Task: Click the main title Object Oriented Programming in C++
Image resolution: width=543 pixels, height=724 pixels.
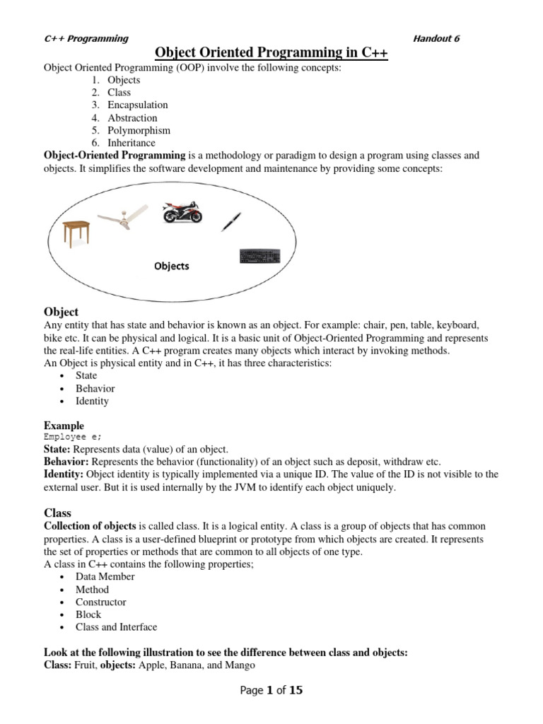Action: pyautogui.click(x=271, y=53)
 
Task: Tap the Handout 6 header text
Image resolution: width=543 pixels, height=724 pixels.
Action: pyautogui.click(x=436, y=39)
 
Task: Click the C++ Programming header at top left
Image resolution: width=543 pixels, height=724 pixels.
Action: pyautogui.click(x=86, y=39)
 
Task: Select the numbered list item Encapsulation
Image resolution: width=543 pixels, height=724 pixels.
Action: pyautogui.click(x=138, y=105)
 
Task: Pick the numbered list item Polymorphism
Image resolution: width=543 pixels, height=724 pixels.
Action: pyautogui.click(x=139, y=131)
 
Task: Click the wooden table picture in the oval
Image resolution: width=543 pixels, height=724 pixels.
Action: pyautogui.click(x=76, y=232)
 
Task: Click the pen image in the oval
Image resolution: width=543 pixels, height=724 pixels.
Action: pyautogui.click(x=231, y=221)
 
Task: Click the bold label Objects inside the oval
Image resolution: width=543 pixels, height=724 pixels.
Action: pyautogui.click(x=171, y=267)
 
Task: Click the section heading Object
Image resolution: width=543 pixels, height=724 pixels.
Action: pyautogui.click(x=61, y=312)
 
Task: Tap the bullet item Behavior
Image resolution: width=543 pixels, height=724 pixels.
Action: pyautogui.click(x=95, y=388)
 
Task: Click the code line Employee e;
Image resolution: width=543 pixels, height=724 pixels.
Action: pyautogui.click(x=73, y=437)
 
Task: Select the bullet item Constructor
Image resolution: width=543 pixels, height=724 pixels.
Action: pyautogui.click(x=101, y=602)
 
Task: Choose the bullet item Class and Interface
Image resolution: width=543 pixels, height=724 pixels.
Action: pyautogui.click(x=117, y=627)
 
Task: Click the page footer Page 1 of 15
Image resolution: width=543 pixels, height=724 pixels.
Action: pyautogui.click(x=271, y=691)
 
